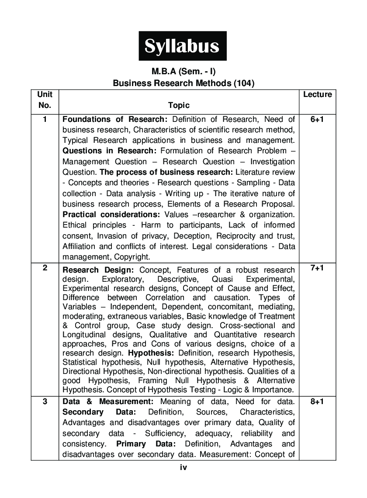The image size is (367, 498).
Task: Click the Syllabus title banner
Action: point(183,46)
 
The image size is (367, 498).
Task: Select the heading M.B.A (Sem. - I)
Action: point(183,71)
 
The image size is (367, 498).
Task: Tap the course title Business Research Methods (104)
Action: point(183,83)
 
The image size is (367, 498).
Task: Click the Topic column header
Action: point(179,105)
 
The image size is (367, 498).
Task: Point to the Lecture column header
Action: point(317,94)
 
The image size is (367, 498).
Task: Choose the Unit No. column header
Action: point(45,100)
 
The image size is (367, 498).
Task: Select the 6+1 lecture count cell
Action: point(317,119)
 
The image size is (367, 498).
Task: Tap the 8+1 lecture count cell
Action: point(317,401)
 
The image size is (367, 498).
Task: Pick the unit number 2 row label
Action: point(45,268)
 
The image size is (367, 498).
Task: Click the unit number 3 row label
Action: point(45,401)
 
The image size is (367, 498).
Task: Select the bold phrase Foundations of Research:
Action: point(115,119)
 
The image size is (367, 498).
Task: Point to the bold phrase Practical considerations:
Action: point(111,214)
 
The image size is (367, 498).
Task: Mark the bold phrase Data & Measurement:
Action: point(108,401)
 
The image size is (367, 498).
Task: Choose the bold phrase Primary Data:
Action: point(146,444)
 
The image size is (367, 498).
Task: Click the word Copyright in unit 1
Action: point(132,257)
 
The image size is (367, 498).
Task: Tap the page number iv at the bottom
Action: point(183,467)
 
